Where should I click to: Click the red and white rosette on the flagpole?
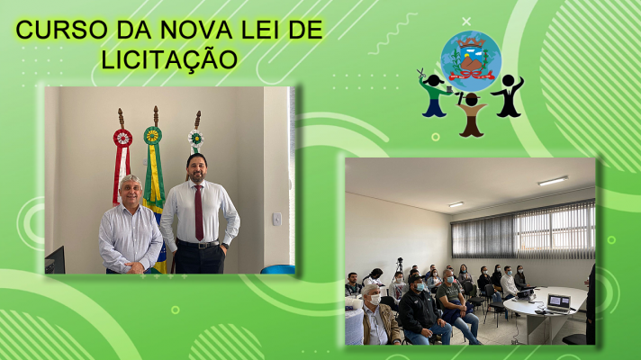(x=122, y=138)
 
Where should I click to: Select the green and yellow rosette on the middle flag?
(x=152, y=135)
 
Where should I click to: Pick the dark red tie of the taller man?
(x=199, y=212)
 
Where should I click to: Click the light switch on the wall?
(x=277, y=219)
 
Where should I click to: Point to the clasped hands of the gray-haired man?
(x=134, y=267)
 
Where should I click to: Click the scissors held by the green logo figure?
(x=421, y=74)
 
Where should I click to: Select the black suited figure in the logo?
(x=508, y=95)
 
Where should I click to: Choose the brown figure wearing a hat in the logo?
(x=472, y=114)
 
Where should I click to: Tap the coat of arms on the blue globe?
(x=471, y=58)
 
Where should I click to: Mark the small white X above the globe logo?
(x=466, y=22)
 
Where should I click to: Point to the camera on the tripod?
(x=400, y=261)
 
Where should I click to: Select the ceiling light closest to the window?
(x=553, y=181)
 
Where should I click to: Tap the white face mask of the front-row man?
(x=375, y=299)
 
